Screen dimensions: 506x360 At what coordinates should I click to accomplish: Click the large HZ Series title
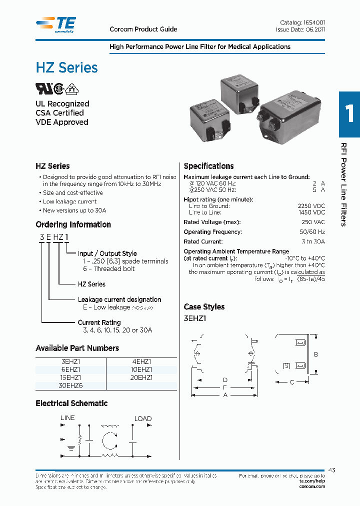[x=66, y=67]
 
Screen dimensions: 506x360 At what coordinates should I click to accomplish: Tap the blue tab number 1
[x=349, y=114]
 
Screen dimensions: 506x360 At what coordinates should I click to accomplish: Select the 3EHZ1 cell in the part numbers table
[x=70, y=361]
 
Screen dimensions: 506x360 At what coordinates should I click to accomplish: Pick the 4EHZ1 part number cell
[x=141, y=361]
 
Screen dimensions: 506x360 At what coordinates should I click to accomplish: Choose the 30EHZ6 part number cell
[x=70, y=386]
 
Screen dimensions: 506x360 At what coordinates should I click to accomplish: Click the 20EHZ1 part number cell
[x=141, y=378]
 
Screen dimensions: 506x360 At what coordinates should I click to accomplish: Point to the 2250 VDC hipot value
[x=311, y=206]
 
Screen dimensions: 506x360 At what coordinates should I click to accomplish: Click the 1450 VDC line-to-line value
[x=311, y=212]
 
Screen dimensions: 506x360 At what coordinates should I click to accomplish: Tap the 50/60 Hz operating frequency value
[x=313, y=232]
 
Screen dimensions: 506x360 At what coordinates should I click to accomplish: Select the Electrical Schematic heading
[x=71, y=403]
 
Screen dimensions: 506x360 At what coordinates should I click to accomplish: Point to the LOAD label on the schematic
[x=143, y=418]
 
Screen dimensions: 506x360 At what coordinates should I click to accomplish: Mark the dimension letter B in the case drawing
[x=316, y=354]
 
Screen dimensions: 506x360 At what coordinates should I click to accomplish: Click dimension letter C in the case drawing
[x=291, y=383]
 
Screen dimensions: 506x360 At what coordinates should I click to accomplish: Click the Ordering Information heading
[x=73, y=224]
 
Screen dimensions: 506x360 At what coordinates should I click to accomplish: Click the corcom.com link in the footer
[x=312, y=486]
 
